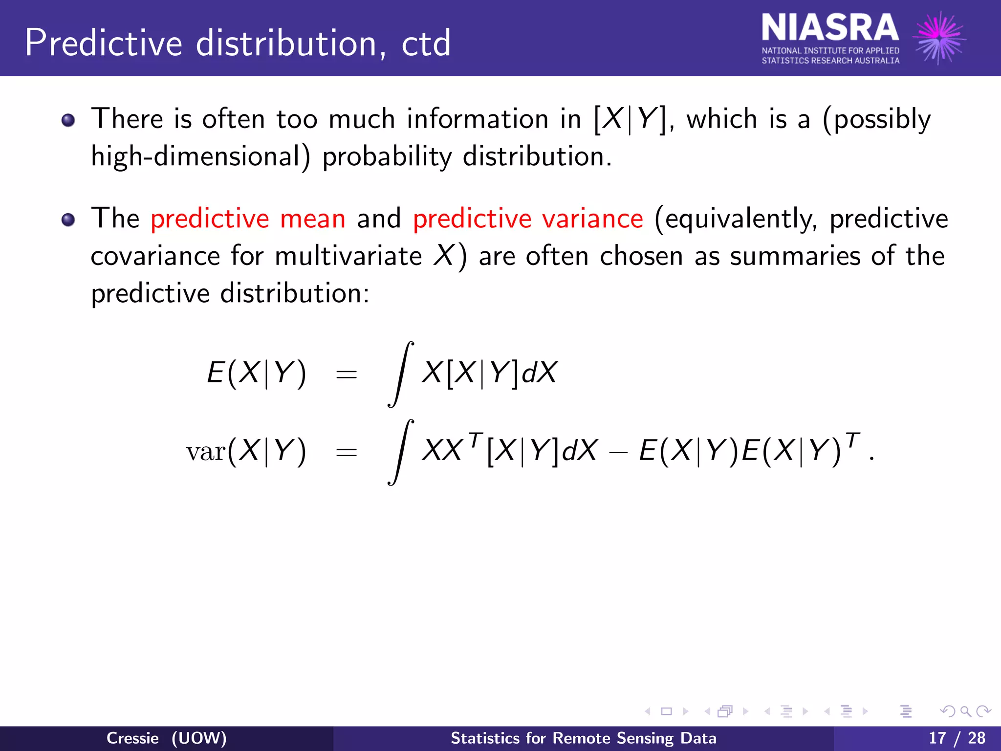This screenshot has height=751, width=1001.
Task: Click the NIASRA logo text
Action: [829, 28]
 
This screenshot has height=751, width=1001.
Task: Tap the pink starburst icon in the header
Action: [939, 38]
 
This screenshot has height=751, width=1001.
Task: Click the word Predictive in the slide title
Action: [103, 43]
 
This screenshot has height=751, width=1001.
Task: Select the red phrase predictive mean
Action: [248, 219]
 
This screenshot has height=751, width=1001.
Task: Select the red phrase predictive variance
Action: [528, 219]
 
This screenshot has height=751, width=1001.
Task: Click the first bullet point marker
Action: [68, 120]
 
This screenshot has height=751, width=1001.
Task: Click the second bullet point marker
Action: [68, 220]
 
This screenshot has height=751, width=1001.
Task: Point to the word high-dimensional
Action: [200, 157]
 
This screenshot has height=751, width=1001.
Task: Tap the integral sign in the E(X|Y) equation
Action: [401, 374]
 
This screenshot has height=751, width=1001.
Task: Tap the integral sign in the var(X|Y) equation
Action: [401, 452]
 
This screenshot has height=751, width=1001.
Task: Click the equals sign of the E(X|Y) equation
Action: [347, 375]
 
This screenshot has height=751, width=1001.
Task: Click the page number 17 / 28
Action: [957, 738]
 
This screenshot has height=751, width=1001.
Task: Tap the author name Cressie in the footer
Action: [132, 738]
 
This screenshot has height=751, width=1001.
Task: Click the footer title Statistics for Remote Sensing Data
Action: [583, 738]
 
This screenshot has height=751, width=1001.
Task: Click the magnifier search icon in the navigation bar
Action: [965, 711]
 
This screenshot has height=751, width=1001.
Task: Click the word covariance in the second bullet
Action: [155, 256]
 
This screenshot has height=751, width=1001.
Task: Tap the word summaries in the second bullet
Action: [795, 256]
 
